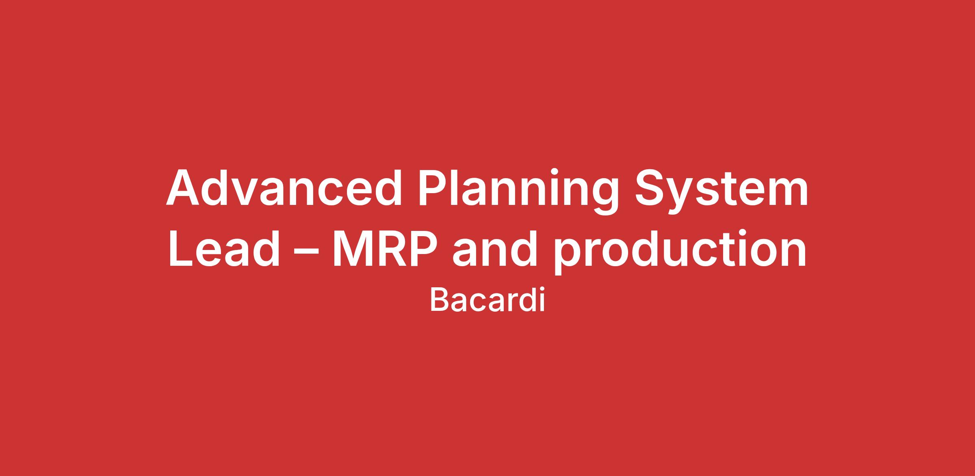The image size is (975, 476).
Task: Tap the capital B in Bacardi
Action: click(439, 300)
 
